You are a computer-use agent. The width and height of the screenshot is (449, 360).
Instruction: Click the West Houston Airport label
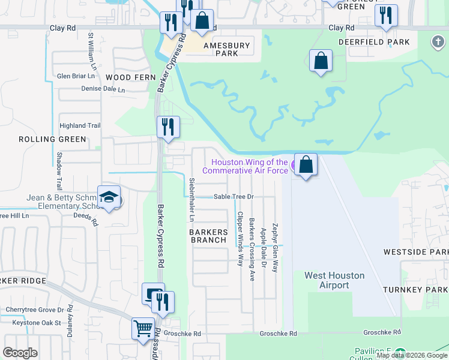click(x=334, y=280)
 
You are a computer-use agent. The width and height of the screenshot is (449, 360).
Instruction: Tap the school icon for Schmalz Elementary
click(x=109, y=197)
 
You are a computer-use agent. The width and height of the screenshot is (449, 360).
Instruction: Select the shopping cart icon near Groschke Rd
click(x=143, y=328)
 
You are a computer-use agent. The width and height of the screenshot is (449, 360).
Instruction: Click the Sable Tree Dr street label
click(x=235, y=196)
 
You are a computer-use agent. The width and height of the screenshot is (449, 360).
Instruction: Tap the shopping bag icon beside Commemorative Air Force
click(x=306, y=164)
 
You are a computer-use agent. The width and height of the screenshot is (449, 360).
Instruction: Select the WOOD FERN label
click(x=130, y=77)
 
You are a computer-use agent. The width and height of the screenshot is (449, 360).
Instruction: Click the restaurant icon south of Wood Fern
click(x=168, y=127)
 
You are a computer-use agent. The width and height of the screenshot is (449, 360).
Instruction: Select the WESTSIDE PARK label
click(x=424, y=252)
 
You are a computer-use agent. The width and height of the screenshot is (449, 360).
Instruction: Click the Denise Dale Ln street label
click(x=103, y=89)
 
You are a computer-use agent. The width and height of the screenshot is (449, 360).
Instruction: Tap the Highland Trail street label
click(x=79, y=125)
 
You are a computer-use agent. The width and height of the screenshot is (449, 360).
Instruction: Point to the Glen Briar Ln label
click(x=76, y=76)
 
